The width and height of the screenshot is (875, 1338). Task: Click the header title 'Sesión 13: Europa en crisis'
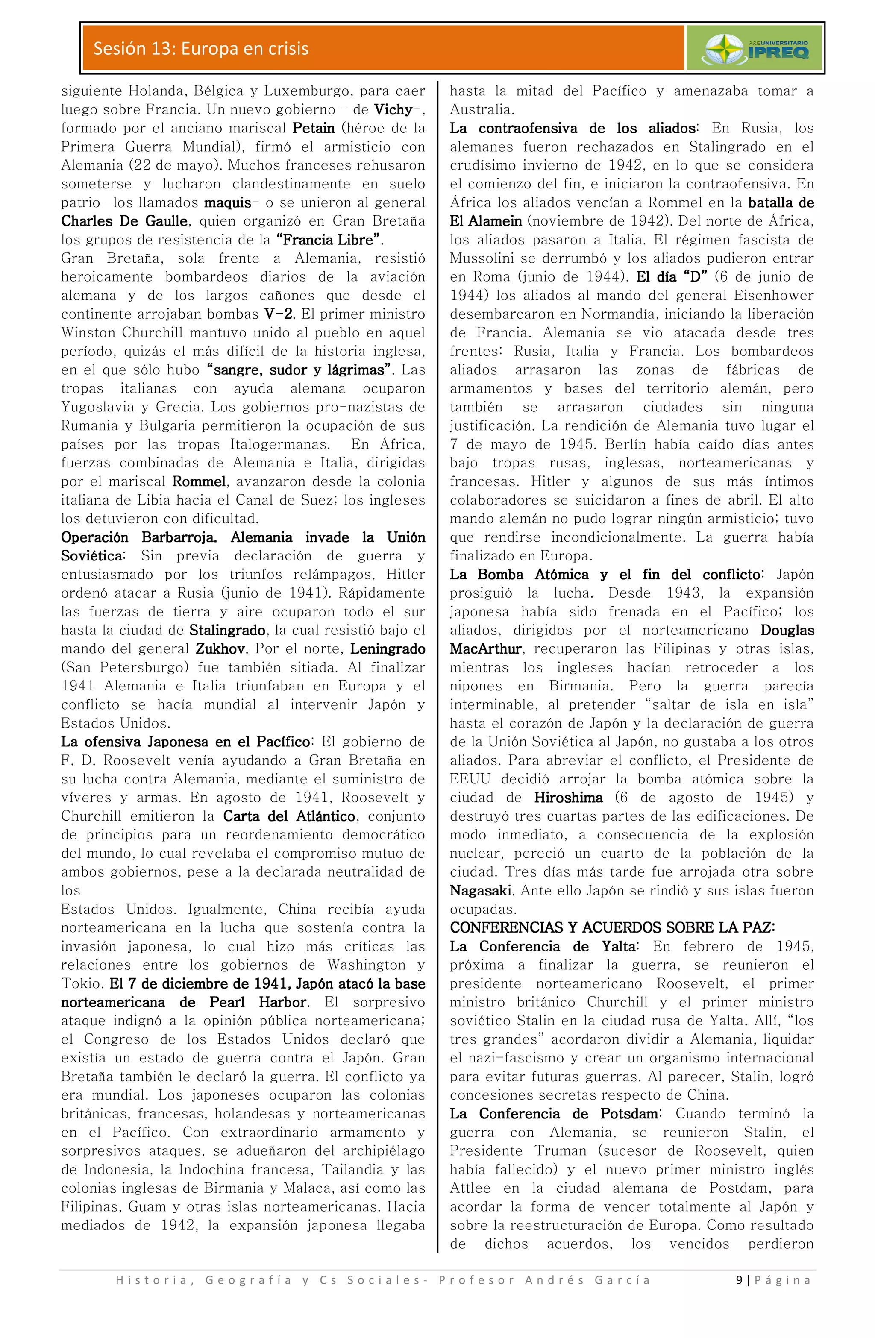pos(201,49)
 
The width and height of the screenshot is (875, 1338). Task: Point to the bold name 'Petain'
pos(314,128)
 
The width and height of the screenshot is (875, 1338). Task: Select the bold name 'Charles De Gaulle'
pos(124,221)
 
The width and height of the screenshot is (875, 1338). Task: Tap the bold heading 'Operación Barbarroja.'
pos(139,537)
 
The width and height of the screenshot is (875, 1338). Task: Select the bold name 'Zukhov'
pos(220,649)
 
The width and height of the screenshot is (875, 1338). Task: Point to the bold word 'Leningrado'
pos(388,649)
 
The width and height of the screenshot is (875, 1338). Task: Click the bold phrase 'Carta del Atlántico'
pos(289,816)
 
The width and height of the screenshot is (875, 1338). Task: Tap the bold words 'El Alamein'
pos(486,221)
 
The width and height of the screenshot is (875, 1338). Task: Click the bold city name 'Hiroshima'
pos(568,798)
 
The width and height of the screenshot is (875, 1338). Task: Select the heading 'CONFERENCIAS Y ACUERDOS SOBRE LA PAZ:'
pos(612,927)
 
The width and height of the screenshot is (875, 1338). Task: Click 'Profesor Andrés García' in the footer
pos(544,1280)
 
